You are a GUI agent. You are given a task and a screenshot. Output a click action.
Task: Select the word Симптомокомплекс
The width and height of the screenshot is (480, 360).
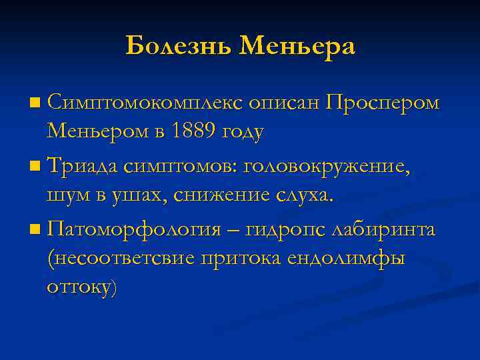point(144,103)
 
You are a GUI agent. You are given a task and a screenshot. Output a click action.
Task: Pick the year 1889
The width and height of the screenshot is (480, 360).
point(191,131)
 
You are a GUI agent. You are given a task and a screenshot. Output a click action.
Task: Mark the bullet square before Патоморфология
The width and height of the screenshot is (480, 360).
point(35,231)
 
